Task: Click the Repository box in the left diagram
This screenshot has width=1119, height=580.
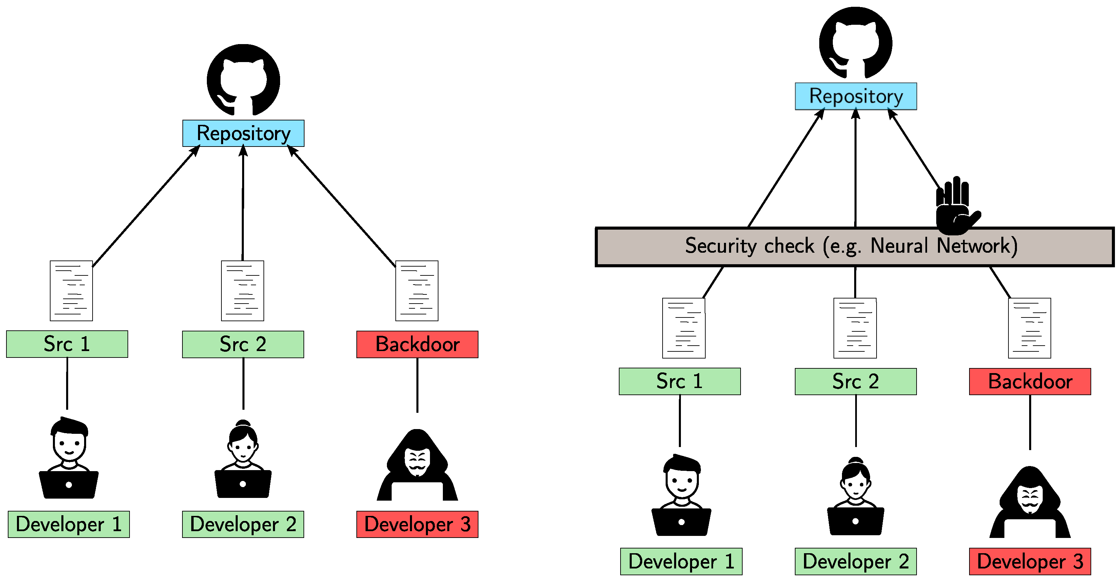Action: click(243, 133)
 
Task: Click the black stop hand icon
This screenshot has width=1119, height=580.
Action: click(956, 206)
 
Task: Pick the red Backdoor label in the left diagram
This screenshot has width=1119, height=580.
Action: click(417, 344)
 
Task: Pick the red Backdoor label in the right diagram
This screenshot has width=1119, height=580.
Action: click(1029, 382)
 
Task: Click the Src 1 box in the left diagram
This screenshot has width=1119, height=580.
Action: click(67, 344)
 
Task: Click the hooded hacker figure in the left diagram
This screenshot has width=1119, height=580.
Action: click(417, 465)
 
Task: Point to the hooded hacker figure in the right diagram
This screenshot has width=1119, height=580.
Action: click(1029, 502)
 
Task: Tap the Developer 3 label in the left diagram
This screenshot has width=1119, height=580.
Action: click(417, 524)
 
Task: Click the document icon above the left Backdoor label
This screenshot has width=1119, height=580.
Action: click(417, 291)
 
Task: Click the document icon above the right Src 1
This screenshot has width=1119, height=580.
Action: click(683, 328)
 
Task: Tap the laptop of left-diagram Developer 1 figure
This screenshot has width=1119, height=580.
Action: click(68, 484)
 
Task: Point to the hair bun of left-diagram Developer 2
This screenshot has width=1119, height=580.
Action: click(243, 423)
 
